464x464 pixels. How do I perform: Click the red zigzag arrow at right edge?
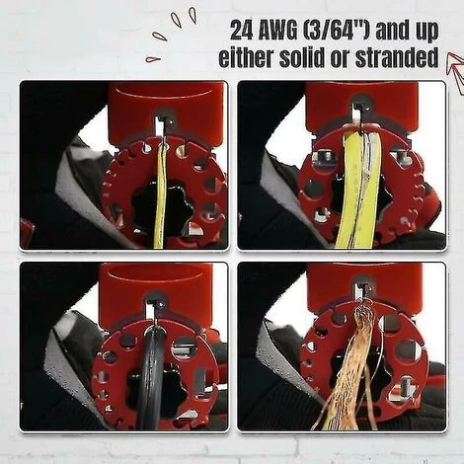point(454,74)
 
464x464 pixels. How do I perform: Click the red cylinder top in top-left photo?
point(166,104)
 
